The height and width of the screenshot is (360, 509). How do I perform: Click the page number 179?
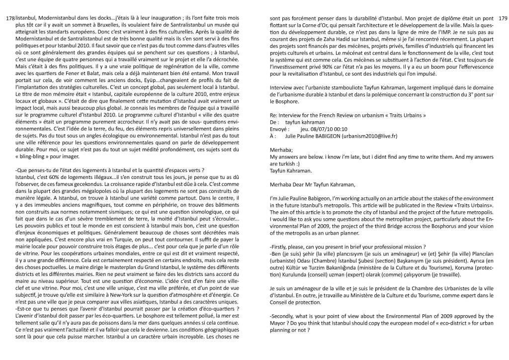(501, 18)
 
